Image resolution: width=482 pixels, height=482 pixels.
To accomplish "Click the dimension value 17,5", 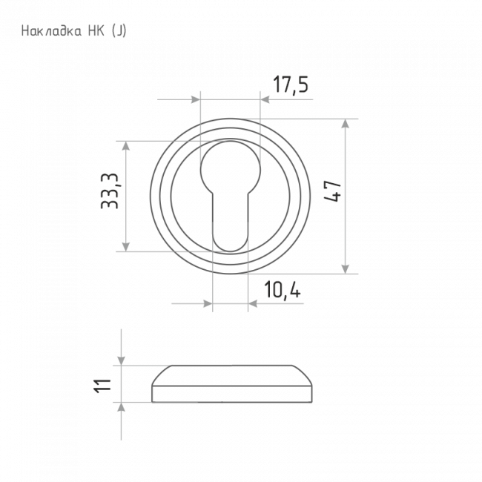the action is (291, 85).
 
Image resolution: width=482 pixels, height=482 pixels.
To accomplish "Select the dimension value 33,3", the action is (110, 191).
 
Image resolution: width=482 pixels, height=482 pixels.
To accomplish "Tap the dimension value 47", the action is (333, 191).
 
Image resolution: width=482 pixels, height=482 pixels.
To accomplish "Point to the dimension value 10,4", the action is (283, 289).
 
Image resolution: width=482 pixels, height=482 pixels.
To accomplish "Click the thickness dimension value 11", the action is (102, 386).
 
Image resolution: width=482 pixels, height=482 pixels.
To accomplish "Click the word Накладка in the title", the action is (51, 31).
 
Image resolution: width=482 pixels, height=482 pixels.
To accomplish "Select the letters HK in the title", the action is (96, 31).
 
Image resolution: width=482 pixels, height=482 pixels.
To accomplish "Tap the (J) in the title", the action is (119, 31).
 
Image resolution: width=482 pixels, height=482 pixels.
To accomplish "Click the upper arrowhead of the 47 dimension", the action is (346, 124).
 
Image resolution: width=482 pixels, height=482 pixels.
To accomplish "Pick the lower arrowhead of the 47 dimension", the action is (346, 268).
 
